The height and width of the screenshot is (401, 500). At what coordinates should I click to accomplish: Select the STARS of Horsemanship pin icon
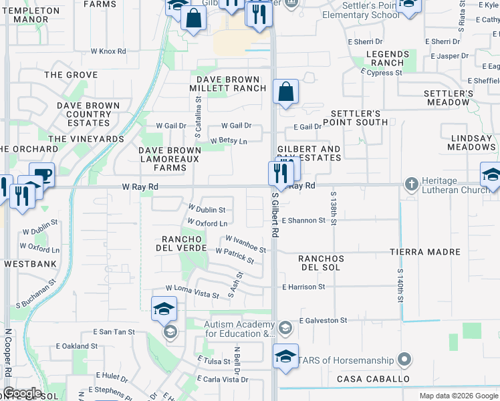click(x=404, y=360)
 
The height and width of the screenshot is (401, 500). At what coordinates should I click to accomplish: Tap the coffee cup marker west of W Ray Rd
click(x=42, y=175)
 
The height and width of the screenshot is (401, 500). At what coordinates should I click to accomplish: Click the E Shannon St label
click(x=303, y=220)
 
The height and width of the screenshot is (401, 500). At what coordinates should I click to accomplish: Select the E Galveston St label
click(x=323, y=320)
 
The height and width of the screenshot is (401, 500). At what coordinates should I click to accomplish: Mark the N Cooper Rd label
click(x=8, y=361)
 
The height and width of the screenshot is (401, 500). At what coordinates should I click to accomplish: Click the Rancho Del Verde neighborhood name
click(x=181, y=245)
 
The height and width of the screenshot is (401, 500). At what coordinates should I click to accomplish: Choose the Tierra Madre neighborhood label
click(x=426, y=252)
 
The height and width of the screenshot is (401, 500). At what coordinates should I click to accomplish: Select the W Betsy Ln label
click(x=229, y=141)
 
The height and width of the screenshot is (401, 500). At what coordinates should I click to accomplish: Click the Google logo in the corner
click(x=22, y=393)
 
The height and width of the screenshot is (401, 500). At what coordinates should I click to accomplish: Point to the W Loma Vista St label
click(x=193, y=291)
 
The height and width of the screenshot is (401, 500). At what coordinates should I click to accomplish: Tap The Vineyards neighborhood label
click(x=86, y=139)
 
